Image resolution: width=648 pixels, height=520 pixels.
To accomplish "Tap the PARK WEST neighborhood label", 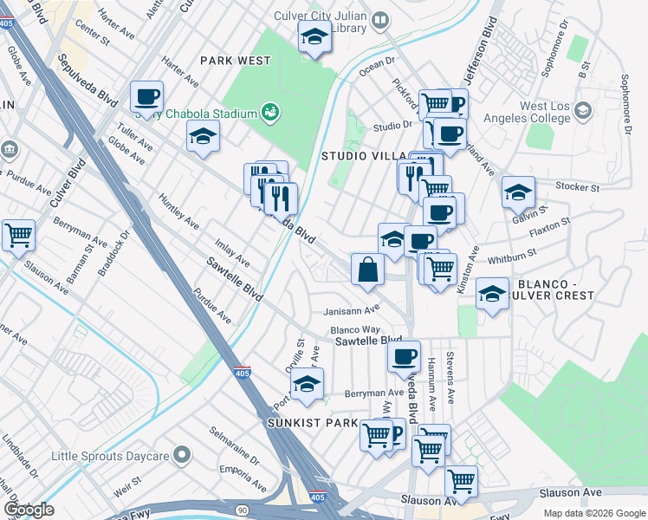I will tap(235, 61).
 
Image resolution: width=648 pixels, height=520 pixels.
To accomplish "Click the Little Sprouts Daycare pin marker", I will tap(181, 454).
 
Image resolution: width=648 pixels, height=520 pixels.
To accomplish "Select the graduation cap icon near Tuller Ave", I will tap(203, 137).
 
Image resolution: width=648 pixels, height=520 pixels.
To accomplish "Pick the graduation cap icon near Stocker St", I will tap(518, 191).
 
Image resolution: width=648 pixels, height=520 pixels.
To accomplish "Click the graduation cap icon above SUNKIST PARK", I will tap(307, 384).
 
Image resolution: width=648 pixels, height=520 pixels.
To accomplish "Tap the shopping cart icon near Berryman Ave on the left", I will tap(18, 235).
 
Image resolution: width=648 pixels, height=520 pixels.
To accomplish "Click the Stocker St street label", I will tap(578, 186).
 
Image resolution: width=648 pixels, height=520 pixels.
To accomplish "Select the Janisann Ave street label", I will tap(352, 309).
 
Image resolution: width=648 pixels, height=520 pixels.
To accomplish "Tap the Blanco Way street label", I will tap(354, 330).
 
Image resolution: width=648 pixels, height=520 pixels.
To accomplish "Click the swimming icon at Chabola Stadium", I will tap(271, 112).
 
